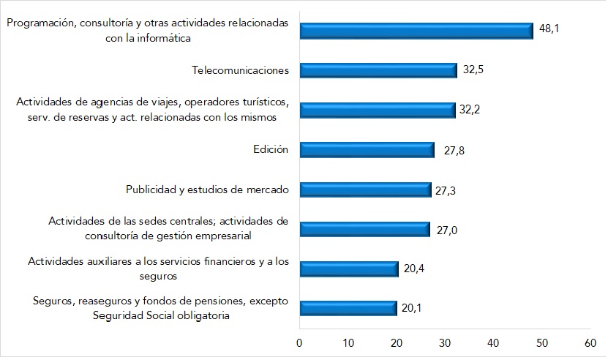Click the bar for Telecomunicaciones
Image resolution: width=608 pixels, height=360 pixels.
pyautogui.click(x=378, y=70)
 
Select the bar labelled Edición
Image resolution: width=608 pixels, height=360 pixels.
pyautogui.click(x=367, y=150)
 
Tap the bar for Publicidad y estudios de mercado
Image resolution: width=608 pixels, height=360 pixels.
pyautogui.click(x=365, y=190)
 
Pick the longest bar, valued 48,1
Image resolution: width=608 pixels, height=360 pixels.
pyautogui.click(x=416, y=31)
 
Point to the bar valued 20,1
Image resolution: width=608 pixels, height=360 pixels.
pyautogui.click(x=348, y=308)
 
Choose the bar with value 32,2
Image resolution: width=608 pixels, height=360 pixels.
pyautogui.click(x=377, y=110)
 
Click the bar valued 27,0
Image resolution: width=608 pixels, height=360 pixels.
pyautogui.click(x=364, y=230)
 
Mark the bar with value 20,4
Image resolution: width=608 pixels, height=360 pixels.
pyautogui.click(x=348, y=269)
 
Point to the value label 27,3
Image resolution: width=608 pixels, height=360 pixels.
pyautogui.click(x=449, y=190)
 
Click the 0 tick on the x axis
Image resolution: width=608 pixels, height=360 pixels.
pyautogui.click(x=299, y=342)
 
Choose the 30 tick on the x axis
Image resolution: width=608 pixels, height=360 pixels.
pyautogui.click(x=445, y=342)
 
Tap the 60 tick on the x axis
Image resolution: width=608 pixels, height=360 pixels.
pyautogui.click(x=590, y=342)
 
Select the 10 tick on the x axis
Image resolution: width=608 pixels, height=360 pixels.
pyautogui.click(x=348, y=342)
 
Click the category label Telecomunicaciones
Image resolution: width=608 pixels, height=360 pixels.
pyautogui.click(x=240, y=70)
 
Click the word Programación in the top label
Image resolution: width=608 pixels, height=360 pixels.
pyautogui.click(x=41, y=23)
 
